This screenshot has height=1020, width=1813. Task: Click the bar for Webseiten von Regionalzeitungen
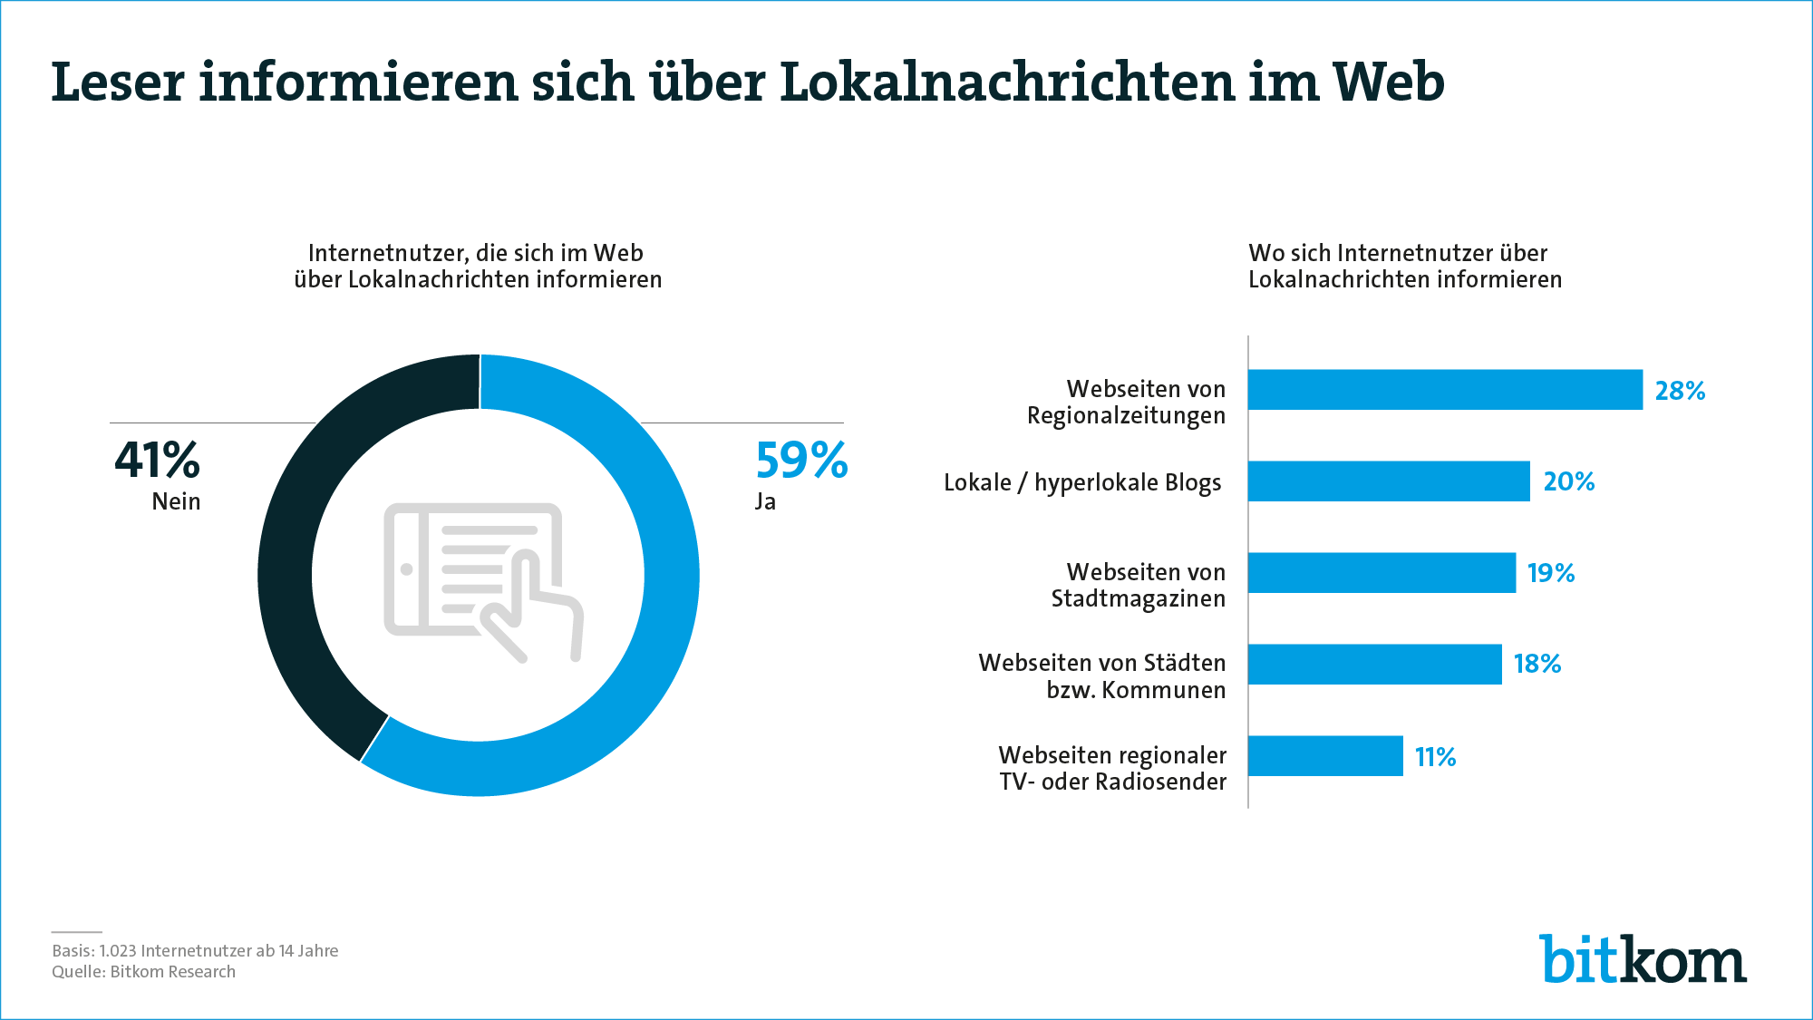(1445, 390)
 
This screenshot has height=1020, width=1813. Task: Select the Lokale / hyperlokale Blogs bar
(1389, 481)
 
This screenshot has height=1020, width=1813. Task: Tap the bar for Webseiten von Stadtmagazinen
(1382, 573)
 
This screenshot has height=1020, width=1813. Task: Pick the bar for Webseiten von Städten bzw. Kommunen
(1374, 665)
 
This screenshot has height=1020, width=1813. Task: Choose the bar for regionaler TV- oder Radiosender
(1325, 756)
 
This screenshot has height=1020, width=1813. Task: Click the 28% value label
(1680, 391)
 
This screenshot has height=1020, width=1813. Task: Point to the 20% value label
(1568, 481)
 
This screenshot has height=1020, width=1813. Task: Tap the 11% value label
(1435, 757)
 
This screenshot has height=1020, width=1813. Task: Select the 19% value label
(1551, 573)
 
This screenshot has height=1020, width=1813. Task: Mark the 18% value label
(1537, 665)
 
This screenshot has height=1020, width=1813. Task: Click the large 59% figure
(801, 461)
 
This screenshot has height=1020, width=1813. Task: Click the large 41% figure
(157, 461)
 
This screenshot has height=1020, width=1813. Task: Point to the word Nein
(176, 501)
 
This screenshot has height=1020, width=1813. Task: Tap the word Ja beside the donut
(765, 501)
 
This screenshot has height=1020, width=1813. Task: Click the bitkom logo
(1642, 959)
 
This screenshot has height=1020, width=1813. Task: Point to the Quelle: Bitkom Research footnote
(143, 972)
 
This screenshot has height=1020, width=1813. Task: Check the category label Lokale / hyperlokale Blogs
(1082, 482)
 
